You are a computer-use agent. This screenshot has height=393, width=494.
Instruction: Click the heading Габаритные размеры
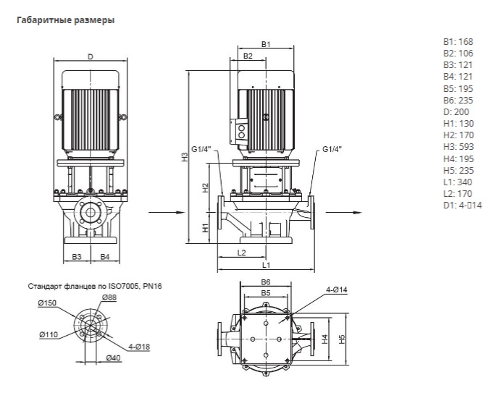point(64,20)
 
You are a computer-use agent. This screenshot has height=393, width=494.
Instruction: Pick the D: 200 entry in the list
point(456,112)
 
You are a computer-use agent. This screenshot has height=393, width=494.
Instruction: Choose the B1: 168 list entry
point(458,41)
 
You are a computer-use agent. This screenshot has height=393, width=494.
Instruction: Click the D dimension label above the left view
point(90,56)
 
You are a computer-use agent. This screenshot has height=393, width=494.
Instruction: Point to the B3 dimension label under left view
point(77,257)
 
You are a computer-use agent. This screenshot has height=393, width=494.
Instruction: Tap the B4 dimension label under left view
point(104,257)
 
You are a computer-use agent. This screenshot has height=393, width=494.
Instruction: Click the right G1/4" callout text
point(329,150)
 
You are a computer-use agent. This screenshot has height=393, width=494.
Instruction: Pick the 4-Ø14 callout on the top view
point(338,290)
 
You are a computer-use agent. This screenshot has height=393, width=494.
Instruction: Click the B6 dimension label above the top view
point(265,282)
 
